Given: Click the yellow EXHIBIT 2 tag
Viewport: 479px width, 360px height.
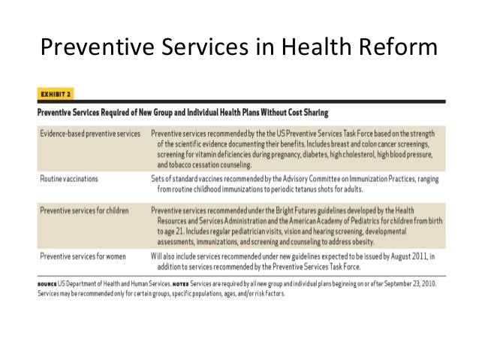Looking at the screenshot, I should click(x=55, y=95).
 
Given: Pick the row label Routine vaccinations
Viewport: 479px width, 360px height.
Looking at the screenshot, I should click(x=70, y=178).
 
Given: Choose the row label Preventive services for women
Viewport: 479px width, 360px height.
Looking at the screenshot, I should click(x=82, y=257).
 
